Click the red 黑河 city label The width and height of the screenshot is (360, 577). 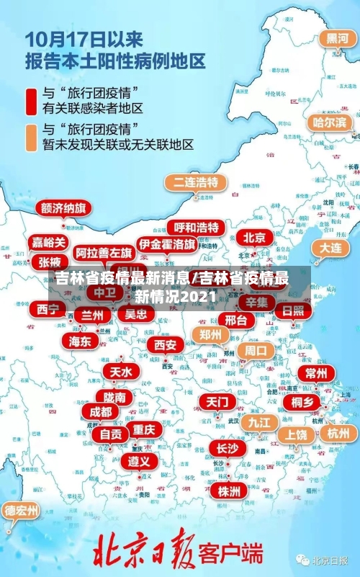(336, 38)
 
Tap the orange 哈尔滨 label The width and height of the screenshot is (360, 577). (331, 122)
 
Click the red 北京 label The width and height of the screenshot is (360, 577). (253, 238)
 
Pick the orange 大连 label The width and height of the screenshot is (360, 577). (330, 247)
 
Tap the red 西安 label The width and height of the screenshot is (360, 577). (165, 345)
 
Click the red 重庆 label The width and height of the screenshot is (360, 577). (144, 429)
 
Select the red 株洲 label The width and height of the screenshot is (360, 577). (229, 471)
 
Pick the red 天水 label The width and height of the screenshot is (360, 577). (120, 372)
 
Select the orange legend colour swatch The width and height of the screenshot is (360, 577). (31, 137)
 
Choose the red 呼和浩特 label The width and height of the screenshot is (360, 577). (196, 228)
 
